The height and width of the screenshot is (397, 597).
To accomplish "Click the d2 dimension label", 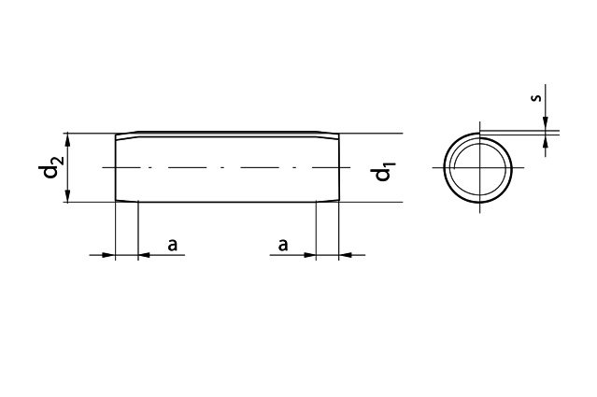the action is [52, 166].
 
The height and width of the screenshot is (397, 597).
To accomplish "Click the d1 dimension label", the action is [383, 171].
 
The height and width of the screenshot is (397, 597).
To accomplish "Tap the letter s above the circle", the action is [535, 98].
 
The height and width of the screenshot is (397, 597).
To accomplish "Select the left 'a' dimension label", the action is [173, 245].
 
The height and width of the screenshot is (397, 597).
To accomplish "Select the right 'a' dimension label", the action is [282, 245].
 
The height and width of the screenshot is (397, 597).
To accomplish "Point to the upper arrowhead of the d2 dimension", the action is [68, 139].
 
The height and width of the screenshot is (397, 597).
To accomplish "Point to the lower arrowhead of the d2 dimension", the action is [68, 195].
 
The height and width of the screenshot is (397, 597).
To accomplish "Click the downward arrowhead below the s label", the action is [546, 122].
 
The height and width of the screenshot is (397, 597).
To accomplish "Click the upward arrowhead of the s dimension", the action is [546, 141].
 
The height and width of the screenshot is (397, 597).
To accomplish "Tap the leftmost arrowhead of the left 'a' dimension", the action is [108, 255].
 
